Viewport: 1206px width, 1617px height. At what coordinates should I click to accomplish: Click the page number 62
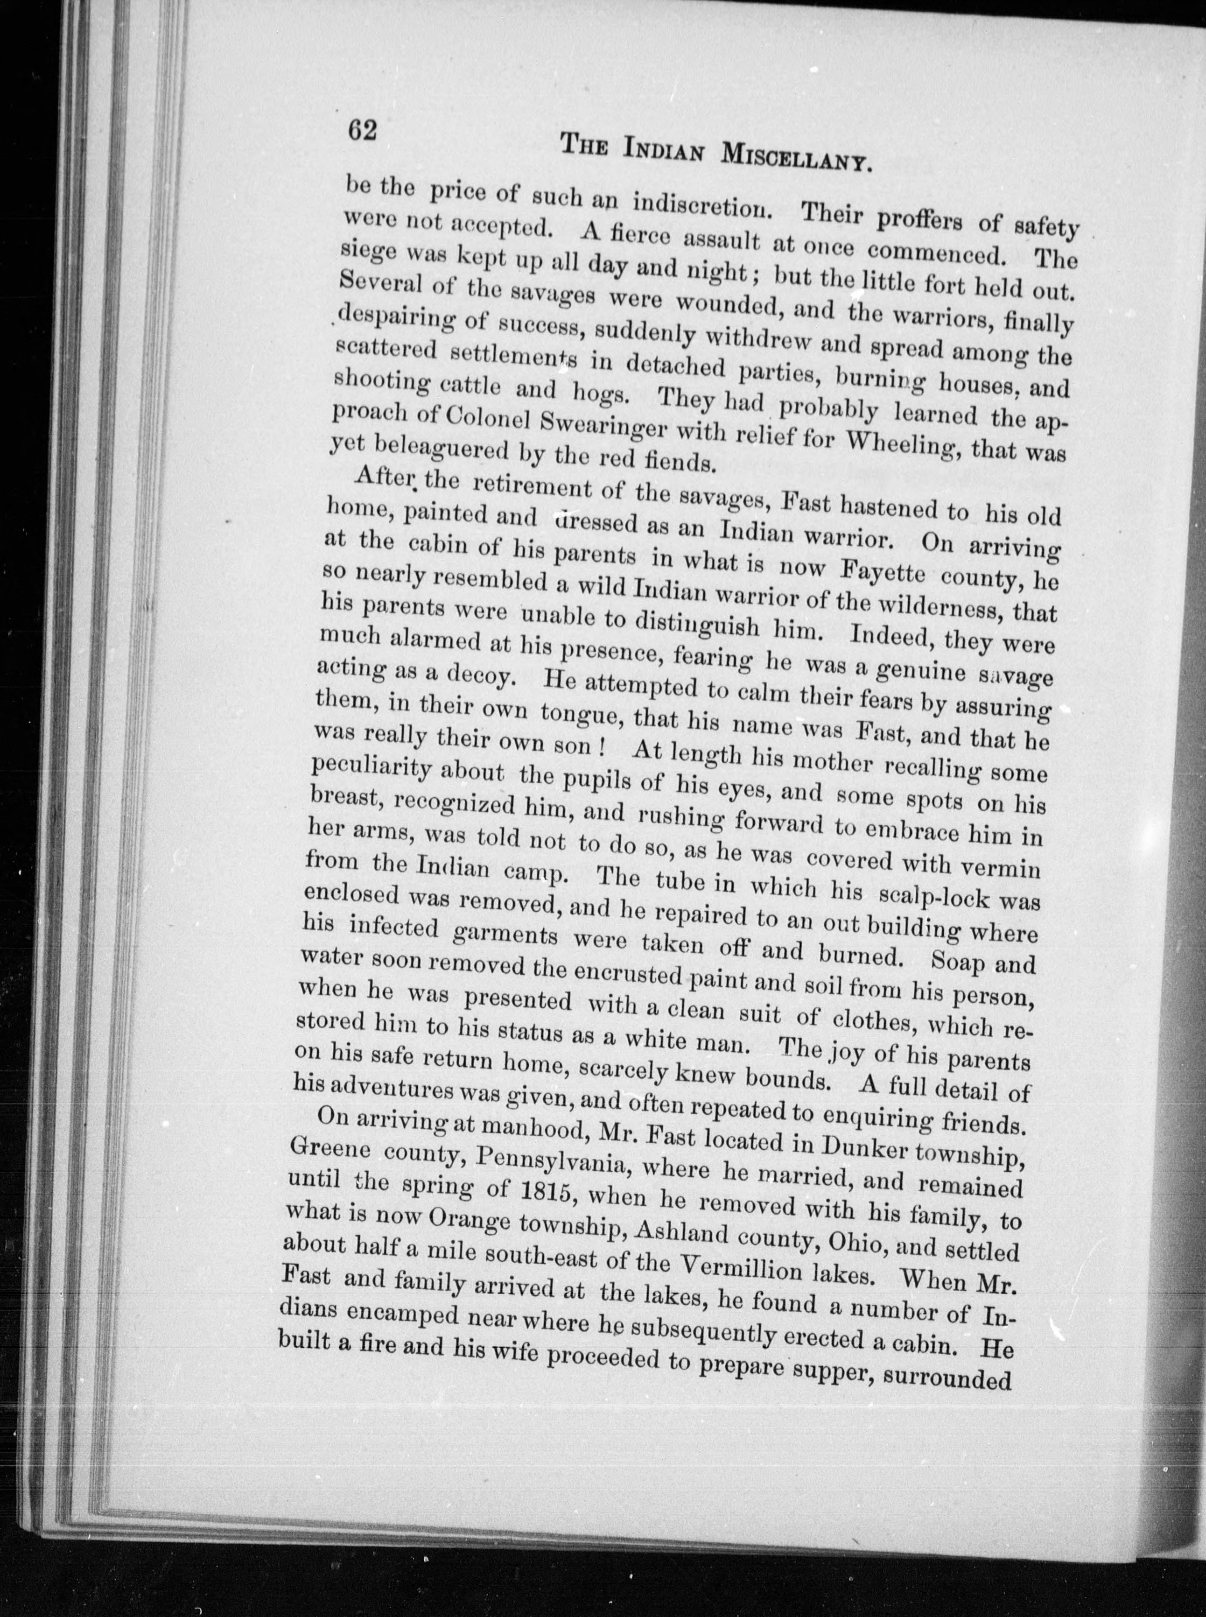coord(362,131)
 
